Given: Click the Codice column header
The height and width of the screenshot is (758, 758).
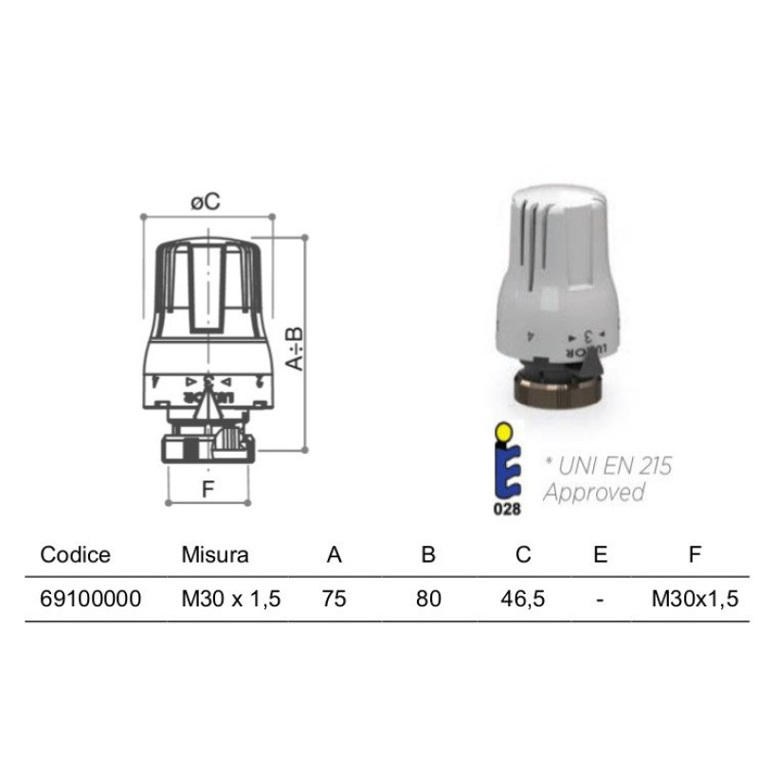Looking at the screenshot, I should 76,554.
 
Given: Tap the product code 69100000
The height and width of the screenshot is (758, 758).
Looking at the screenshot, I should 91,599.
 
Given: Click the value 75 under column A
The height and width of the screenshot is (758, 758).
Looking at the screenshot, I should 334,599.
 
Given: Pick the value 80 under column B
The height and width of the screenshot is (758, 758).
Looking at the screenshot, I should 428,599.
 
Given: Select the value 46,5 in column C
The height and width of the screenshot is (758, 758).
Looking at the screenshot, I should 523,599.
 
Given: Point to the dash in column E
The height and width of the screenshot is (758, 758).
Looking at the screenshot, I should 600,599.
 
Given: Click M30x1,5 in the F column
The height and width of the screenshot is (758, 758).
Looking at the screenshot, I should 695,599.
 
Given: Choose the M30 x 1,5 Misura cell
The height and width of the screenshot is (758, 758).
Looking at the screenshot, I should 231,599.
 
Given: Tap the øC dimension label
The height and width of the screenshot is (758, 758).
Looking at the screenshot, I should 205,201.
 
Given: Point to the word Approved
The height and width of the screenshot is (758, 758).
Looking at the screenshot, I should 593,492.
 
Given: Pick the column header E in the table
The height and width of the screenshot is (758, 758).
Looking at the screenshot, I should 600,554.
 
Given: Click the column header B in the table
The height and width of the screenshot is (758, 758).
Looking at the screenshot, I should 428,554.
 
